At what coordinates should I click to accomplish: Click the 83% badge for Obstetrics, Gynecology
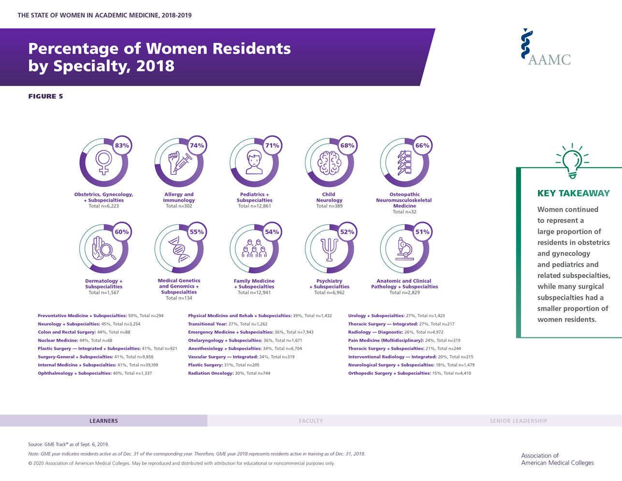(122, 146)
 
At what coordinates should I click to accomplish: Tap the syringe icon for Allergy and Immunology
(179, 162)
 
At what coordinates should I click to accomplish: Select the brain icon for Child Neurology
(329, 162)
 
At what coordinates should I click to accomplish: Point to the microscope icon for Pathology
(404, 249)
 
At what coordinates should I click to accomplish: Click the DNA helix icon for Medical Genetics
(179, 249)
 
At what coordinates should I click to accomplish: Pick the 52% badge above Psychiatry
(347, 232)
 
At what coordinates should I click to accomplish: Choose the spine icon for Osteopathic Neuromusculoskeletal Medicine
(404, 162)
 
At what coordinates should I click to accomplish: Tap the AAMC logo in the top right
(546, 47)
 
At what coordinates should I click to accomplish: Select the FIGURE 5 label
(45, 96)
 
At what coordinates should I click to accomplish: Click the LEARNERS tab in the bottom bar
(103, 421)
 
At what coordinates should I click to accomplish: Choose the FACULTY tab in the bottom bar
(311, 421)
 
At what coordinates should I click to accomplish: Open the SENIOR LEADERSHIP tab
(518, 421)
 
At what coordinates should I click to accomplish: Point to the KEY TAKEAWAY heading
(573, 193)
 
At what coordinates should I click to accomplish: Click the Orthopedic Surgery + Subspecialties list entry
(409, 373)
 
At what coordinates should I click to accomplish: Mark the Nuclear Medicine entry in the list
(75, 340)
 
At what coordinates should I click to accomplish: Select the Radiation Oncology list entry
(229, 373)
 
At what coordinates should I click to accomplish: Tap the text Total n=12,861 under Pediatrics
(254, 206)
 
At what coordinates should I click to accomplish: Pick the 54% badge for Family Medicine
(272, 232)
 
